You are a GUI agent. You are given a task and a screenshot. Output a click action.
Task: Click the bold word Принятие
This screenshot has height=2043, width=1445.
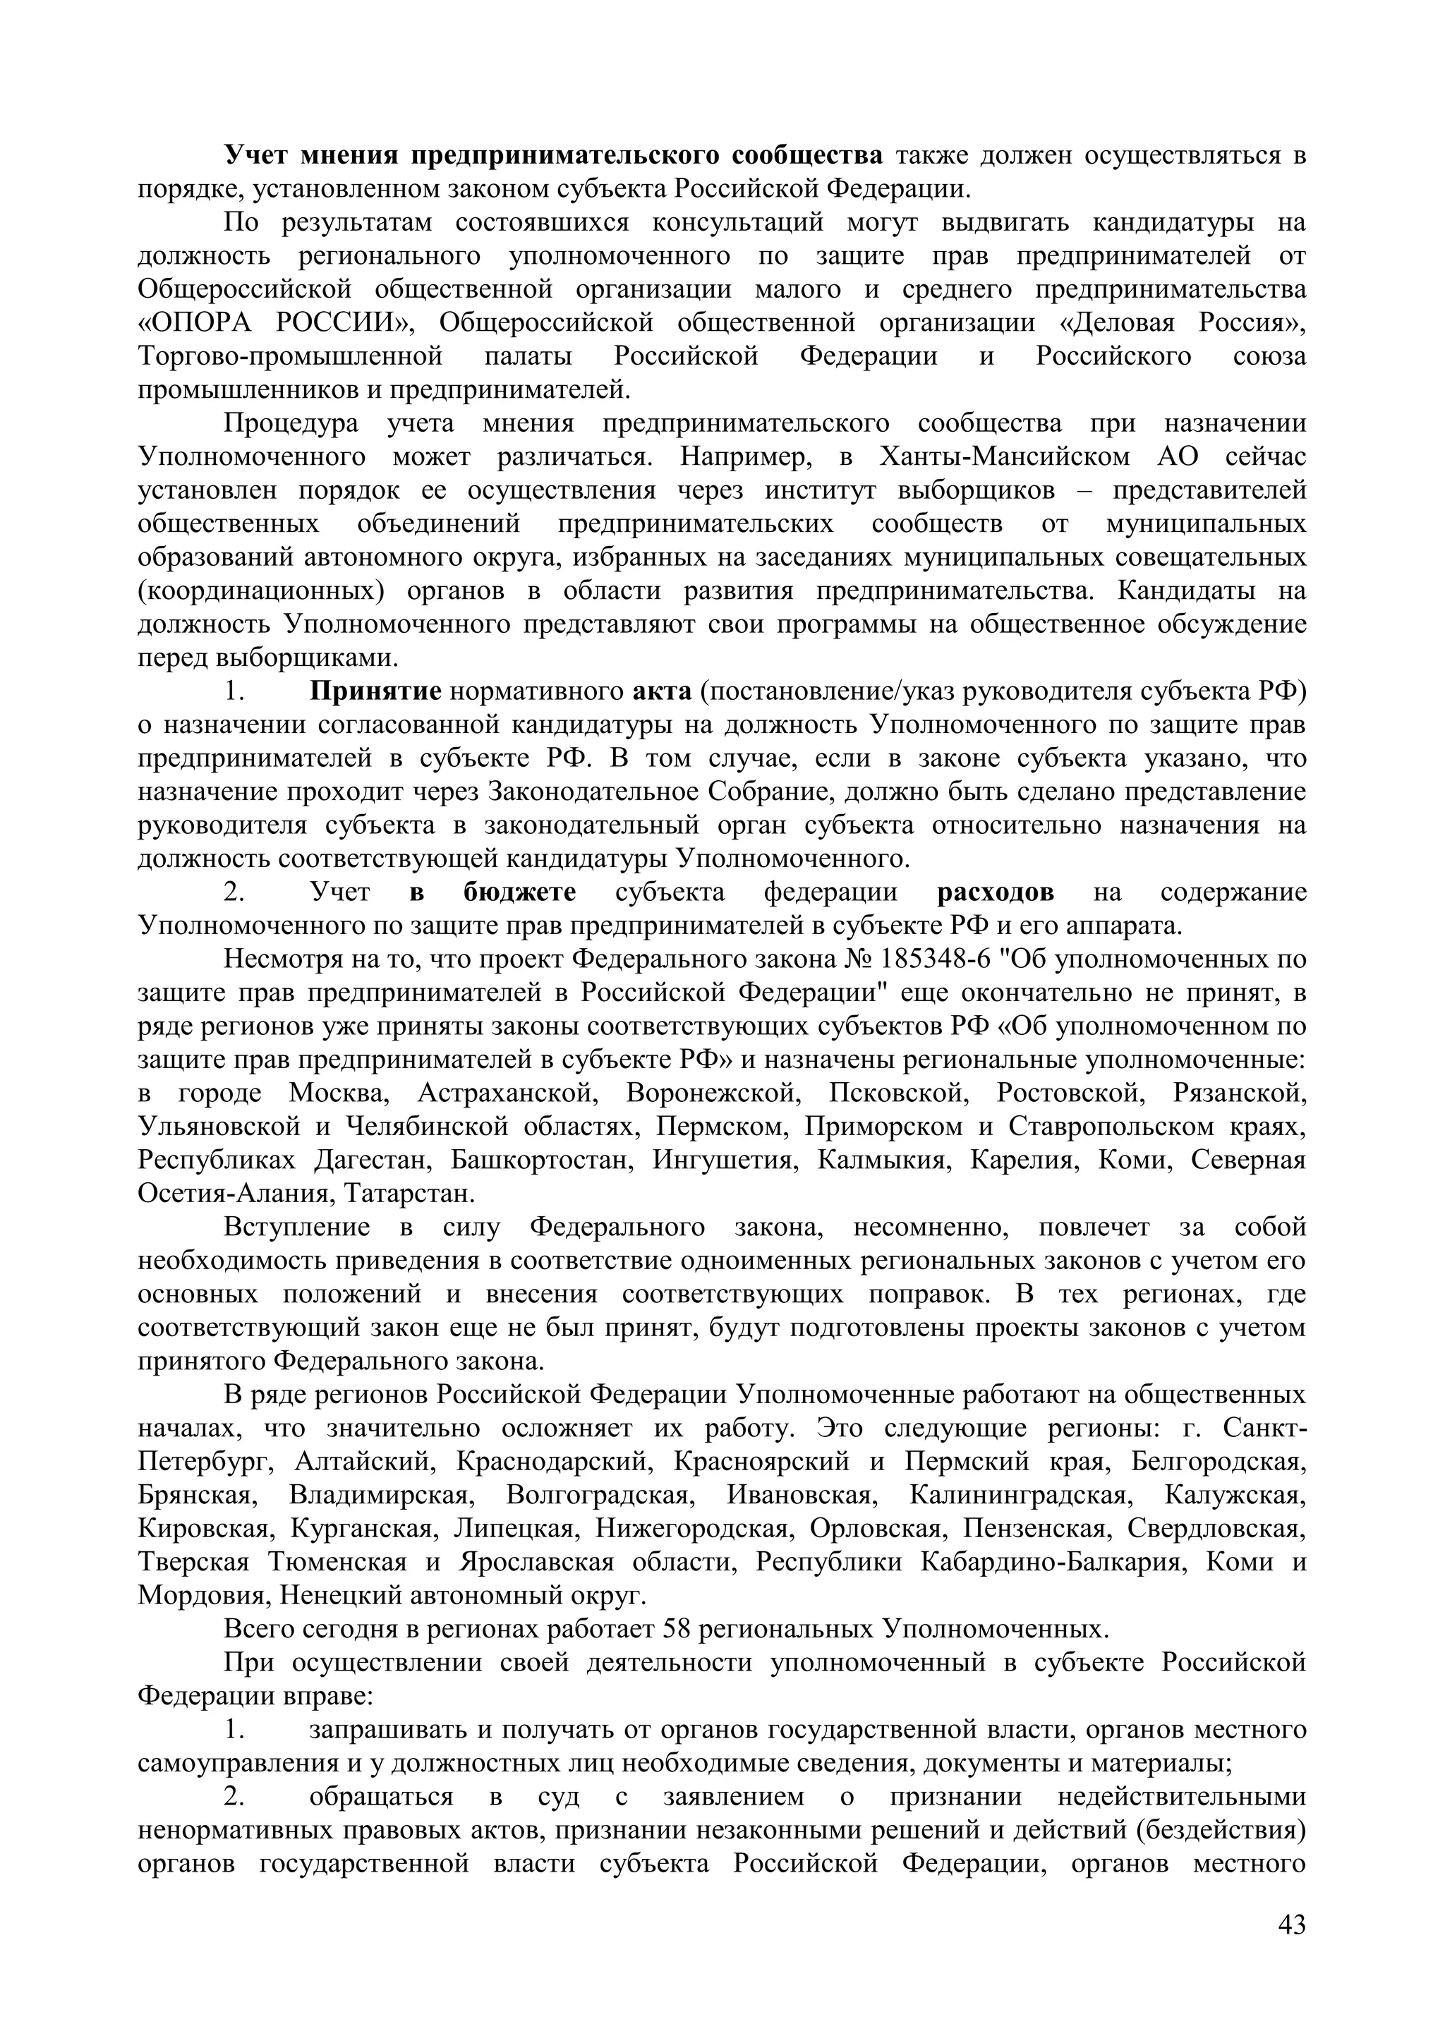(x=375, y=691)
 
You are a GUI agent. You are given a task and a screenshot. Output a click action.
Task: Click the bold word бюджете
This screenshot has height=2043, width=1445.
(x=519, y=892)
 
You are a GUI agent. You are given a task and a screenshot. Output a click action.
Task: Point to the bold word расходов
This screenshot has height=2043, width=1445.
(x=996, y=892)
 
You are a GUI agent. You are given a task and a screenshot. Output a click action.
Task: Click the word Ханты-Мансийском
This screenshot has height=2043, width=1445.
(x=1005, y=456)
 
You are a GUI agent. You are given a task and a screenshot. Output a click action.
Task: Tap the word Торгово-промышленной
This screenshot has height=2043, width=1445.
(x=291, y=356)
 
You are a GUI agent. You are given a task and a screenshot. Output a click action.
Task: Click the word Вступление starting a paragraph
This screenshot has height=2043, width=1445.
(x=296, y=1227)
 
